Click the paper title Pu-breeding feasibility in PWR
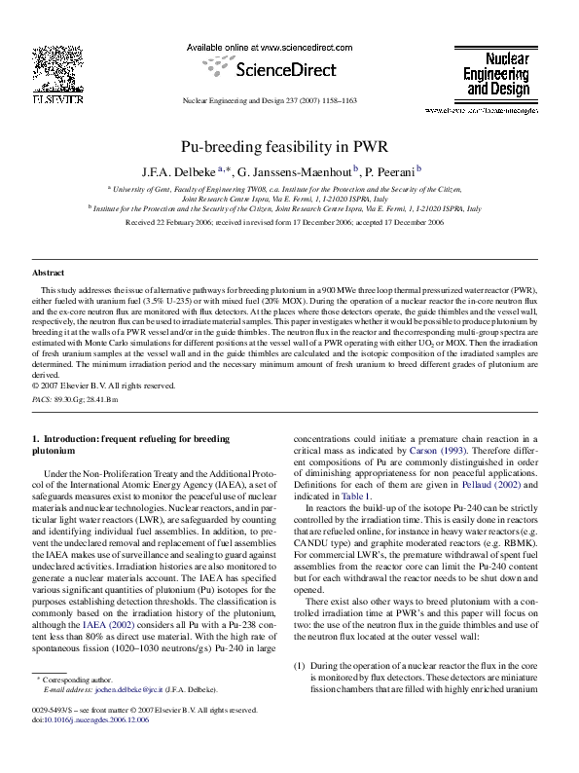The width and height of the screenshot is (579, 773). [x=290, y=146]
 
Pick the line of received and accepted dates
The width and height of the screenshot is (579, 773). [x=289, y=222]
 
